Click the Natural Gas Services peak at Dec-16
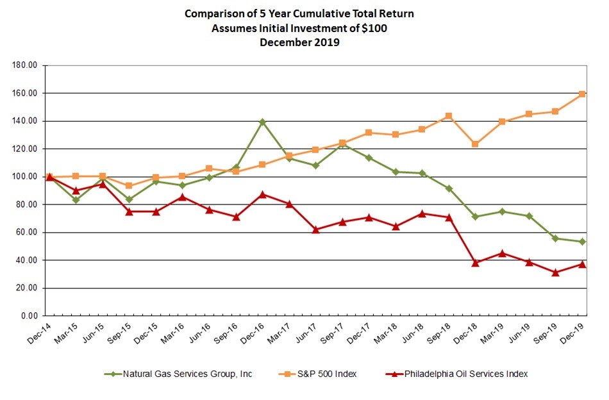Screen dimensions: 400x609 [262, 122]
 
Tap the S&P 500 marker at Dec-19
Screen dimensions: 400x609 [582, 94]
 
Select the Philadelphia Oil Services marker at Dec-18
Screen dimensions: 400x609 [476, 263]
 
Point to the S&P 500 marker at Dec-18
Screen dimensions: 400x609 [476, 144]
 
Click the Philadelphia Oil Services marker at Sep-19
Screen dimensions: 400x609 [555, 272]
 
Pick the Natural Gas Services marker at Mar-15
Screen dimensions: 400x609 [76, 200]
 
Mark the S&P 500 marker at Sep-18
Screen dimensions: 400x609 [449, 116]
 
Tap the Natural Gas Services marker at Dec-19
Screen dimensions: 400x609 [582, 242]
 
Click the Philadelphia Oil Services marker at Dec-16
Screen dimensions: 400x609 [262, 194]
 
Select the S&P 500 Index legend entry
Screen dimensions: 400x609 [316, 374]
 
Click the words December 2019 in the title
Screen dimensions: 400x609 [300, 43]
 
